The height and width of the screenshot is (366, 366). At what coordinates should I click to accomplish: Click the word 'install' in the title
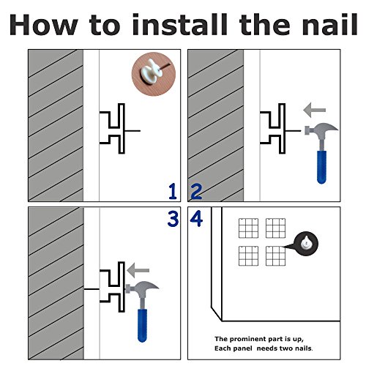point(180,25)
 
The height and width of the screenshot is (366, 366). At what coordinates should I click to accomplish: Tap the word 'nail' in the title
point(330,25)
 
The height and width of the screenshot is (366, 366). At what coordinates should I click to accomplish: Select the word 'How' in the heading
point(44,25)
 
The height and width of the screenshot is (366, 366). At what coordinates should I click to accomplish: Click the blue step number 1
point(173,192)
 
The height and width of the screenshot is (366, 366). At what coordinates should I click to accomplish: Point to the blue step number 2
point(196,192)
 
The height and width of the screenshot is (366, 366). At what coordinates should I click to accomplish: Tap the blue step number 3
point(173,219)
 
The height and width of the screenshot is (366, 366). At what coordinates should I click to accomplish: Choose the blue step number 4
point(196,219)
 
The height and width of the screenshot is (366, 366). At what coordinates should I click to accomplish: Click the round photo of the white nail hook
point(154,74)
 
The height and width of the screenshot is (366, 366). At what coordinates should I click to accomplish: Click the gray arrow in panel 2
point(315,110)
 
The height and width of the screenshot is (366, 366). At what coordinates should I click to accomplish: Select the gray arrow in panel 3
point(138,270)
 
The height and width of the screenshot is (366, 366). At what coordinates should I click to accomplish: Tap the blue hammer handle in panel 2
point(321,167)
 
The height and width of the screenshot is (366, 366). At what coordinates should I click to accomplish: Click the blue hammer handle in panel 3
point(142,326)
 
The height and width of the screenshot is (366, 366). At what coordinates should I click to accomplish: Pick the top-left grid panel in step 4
point(248,228)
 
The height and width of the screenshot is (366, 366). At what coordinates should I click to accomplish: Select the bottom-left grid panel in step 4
point(248,255)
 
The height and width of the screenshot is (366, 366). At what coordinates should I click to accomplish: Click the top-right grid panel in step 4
point(276,228)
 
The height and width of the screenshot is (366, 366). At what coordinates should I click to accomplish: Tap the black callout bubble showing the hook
point(306,244)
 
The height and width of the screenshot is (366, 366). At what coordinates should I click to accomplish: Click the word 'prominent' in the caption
point(247,340)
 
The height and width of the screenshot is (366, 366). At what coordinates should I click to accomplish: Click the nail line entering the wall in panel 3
point(91,289)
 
